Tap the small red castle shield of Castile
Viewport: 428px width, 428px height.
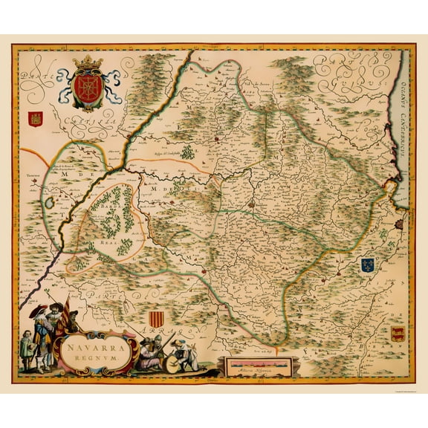(x=33, y=119)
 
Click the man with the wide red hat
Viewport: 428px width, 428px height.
(x=37, y=320)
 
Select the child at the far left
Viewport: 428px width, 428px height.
(x=24, y=349)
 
